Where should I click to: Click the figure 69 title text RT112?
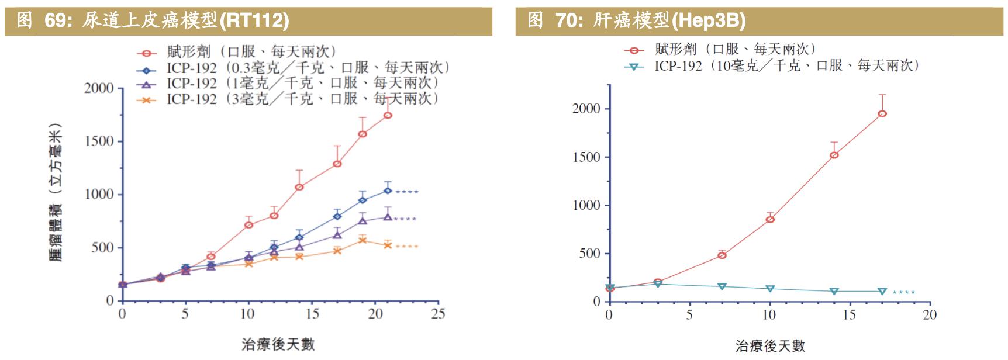coord(254,21)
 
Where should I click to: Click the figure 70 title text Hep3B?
coord(709,21)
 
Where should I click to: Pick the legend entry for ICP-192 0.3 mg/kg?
coord(292,68)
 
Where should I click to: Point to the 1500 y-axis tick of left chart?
coord(99,141)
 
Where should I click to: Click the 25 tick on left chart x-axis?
coord(437,314)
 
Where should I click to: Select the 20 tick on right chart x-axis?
coord(929,315)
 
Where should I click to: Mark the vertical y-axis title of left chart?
coord(56,193)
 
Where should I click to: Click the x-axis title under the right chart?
coord(769,346)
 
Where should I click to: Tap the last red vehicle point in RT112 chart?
coord(387,115)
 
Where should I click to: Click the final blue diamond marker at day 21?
coord(387,191)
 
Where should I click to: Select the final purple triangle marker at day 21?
coord(387,217)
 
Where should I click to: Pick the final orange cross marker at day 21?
coord(387,245)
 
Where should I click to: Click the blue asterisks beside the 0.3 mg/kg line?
coord(407,192)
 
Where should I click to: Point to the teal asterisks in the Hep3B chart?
coord(903,292)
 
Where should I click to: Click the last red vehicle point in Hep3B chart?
coord(882,113)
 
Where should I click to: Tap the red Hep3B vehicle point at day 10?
coord(770,219)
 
